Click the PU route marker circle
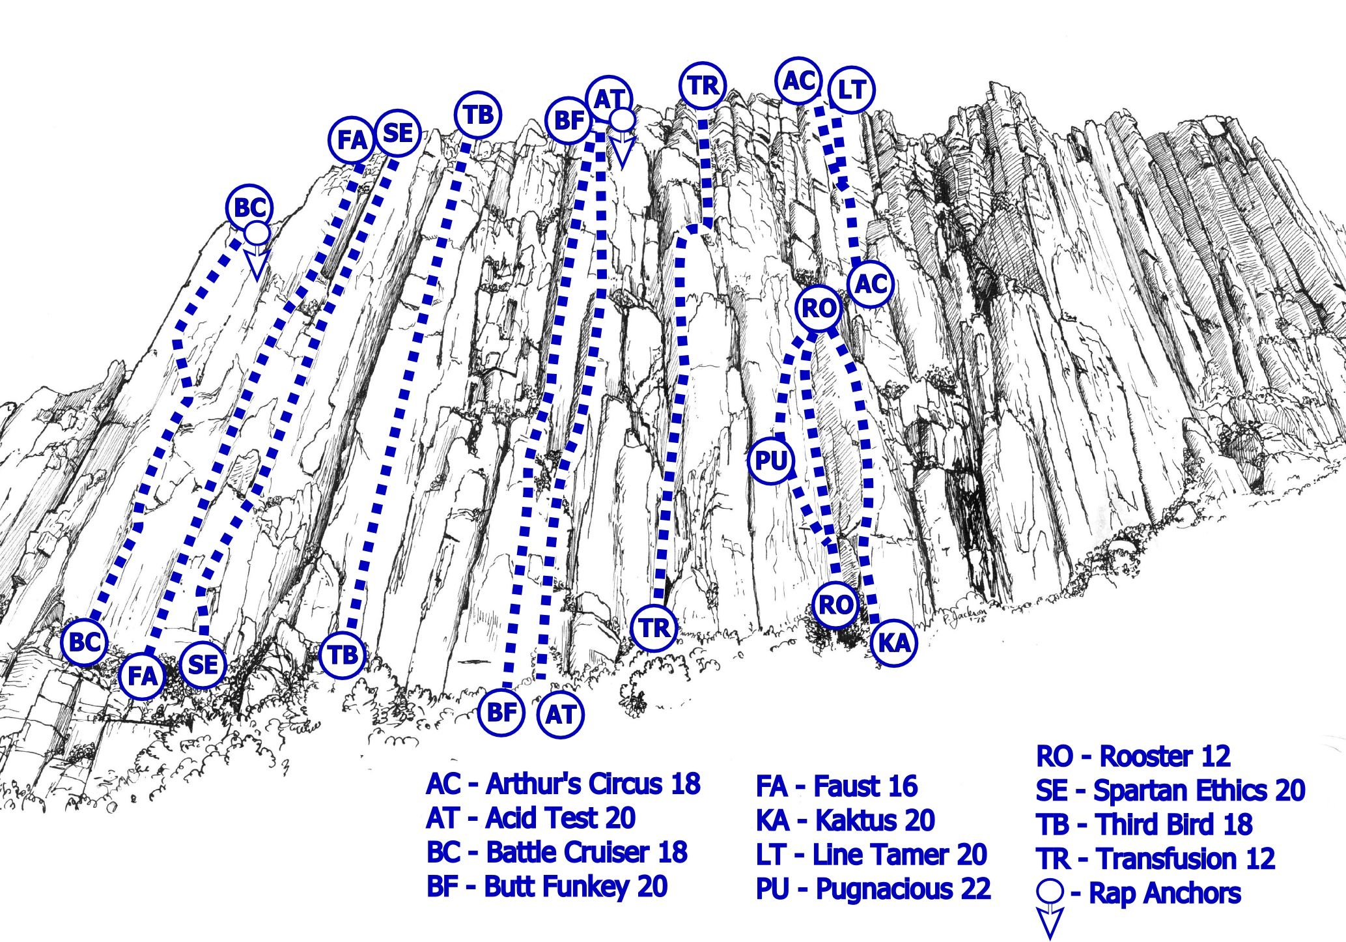pyautogui.click(x=771, y=461)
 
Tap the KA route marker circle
pyautogui.click(x=894, y=643)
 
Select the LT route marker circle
pyautogui.click(x=851, y=89)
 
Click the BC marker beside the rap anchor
pyautogui.click(x=249, y=208)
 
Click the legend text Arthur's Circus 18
pyautogui.click(x=563, y=784)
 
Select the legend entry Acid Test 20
pyautogui.click(x=531, y=818)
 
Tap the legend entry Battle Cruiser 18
pyautogui.click(x=557, y=852)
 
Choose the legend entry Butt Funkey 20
pyautogui.click(x=547, y=887)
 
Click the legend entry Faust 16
pyautogui.click(x=837, y=786)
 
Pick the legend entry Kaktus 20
pyautogui.click(x=845, y=820)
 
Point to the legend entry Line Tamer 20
pyautogui.click(x=871, y=855)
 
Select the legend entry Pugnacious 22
pyautogui.click(x=873, y=889)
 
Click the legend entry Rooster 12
pyautogui.click(x=1133, y=756)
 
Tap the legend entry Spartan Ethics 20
pyautogui.click(x=1170, y=790)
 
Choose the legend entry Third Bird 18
pyautogui.click(x=1144, y=825)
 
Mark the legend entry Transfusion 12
pyautogui.click(x=1155, y=859)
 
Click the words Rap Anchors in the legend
pyautogui.click(x=1165, y=893)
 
